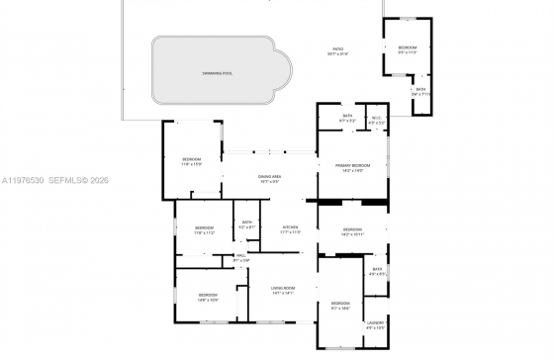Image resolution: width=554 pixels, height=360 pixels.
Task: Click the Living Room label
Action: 283,288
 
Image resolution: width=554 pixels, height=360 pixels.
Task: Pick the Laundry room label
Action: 375,323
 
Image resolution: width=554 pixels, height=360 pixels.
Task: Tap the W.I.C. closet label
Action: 375,118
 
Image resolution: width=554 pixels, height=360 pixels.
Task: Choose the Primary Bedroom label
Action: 352,165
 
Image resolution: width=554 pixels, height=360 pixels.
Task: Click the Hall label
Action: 240,256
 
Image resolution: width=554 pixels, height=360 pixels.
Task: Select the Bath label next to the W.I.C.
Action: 347,117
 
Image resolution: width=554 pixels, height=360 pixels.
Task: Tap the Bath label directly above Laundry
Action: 377,269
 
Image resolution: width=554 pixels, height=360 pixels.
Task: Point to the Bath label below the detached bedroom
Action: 420,91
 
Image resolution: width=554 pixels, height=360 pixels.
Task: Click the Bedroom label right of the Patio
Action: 408,48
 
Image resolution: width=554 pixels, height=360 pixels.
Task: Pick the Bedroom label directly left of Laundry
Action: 340,303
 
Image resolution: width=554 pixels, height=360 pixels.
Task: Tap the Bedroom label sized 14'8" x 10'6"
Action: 208,295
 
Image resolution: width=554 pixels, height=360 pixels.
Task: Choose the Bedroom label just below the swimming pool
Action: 192,160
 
